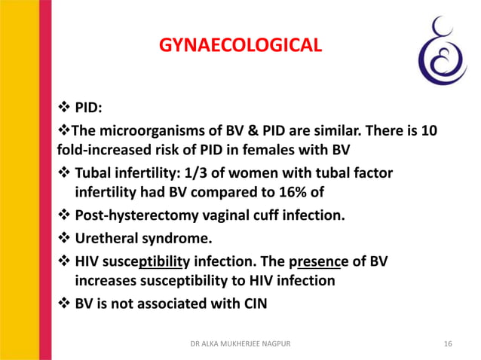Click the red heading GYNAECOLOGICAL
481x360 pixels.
pyautogui.click(x=240, y=47)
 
